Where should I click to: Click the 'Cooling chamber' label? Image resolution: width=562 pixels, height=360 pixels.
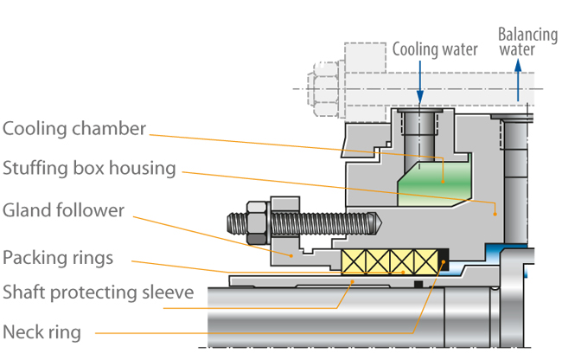[73, 129]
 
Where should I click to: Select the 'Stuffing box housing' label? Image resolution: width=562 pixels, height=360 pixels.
[89, 167]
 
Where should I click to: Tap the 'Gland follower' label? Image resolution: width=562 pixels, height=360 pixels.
[63, 210]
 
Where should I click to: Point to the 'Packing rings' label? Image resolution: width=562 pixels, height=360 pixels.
[58, 257]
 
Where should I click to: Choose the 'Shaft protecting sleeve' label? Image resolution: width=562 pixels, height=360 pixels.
[98, 292]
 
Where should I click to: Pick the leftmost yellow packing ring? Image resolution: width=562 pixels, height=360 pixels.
[354, 260]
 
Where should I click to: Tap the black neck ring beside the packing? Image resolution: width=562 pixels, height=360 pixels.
[444, 260]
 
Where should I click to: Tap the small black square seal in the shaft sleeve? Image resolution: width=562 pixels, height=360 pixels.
[417, 284]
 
